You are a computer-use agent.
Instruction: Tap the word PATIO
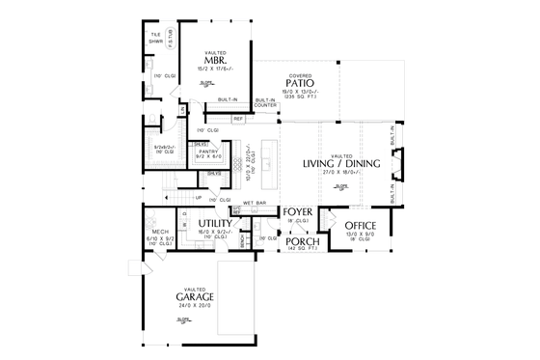(301, 83)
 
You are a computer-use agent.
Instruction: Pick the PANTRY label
(208, 152)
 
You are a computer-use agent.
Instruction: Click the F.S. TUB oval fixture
(171, 39)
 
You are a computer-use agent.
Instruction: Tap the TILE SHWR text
(155, 40)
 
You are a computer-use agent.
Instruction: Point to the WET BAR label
(255, 203)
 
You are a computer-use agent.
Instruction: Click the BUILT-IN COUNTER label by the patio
(263, 102)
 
